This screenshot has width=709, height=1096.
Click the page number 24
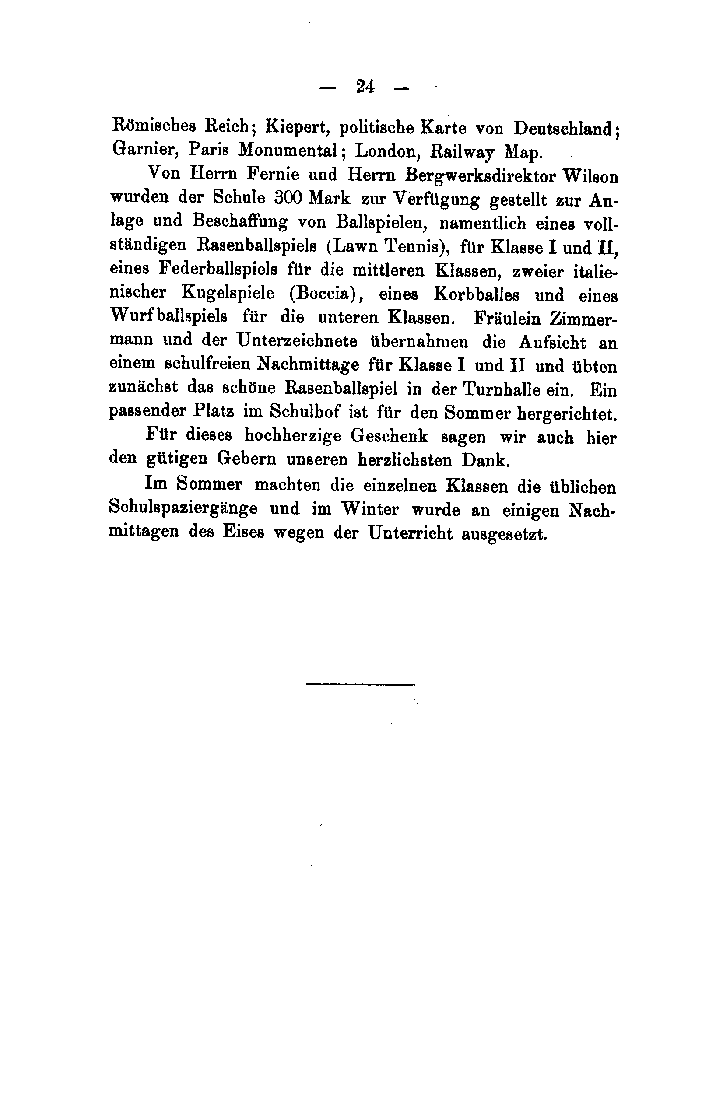365,87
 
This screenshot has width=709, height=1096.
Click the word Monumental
289,150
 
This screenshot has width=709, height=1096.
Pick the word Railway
461,152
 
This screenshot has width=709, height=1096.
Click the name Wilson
591,177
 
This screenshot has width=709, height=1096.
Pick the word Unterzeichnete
298,341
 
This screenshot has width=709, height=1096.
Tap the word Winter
370,509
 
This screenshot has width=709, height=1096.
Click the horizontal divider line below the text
360,684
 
